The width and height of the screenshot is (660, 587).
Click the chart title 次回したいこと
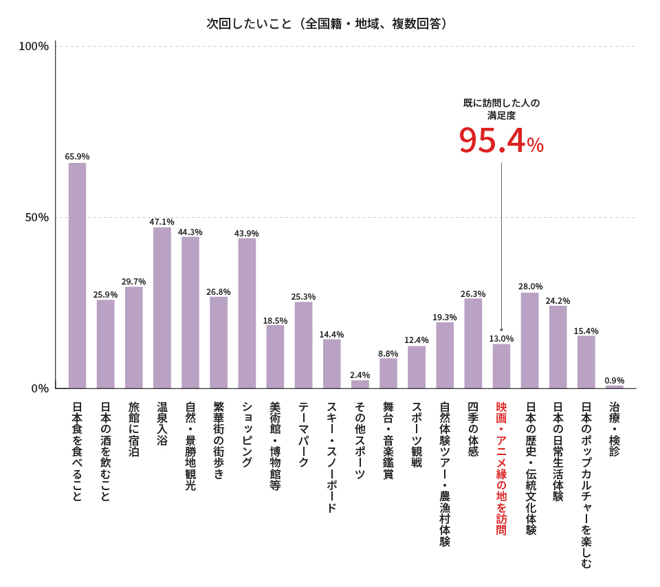328,23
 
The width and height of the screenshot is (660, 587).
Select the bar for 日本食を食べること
77,275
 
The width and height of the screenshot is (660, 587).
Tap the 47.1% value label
162,221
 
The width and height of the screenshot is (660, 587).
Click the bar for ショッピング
247,313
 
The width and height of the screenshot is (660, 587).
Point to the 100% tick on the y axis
34,46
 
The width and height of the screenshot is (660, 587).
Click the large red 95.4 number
492,141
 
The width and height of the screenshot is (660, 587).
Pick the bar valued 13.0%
501,366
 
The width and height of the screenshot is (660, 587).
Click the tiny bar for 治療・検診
615,386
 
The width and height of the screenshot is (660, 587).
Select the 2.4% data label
360,375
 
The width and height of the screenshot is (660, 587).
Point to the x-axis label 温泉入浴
162,424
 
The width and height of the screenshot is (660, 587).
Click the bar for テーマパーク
303,345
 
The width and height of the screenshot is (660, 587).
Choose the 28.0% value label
531,286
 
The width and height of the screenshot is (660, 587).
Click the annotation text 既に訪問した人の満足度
501,109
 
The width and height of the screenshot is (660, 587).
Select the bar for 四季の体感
473,343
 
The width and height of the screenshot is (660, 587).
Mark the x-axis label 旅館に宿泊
134,430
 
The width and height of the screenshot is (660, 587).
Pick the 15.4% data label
586,331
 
